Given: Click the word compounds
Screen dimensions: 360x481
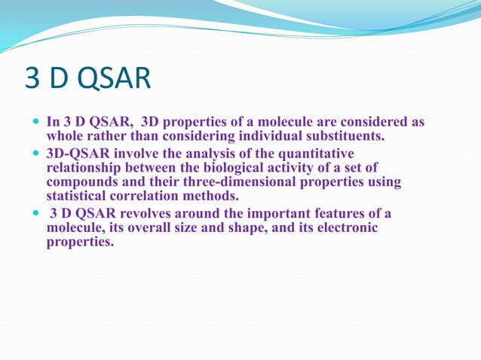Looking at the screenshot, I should click(81, 183).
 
